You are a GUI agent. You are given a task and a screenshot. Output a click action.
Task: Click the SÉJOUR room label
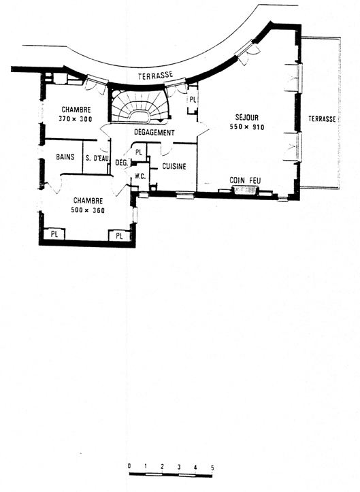click(x=247, y=118)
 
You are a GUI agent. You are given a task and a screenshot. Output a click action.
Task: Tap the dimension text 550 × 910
click(x=247, y=127)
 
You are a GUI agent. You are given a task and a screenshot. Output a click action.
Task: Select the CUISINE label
click(x=174, y=166)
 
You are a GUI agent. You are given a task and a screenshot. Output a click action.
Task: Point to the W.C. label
click(x=140, y=176)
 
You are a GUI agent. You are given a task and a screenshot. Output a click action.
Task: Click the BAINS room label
click(x=65, y=157)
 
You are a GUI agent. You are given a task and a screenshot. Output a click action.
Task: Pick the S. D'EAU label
click(x=97, y=159)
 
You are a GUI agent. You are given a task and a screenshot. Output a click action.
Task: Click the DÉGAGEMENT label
click(x=154, y=133)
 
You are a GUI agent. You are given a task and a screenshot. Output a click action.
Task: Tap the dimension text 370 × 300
click(x=76, y=119)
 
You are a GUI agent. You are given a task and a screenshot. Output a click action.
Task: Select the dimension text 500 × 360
click(x=88, y=210)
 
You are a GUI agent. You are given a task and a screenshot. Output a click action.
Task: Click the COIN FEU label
click(x=245, y=180)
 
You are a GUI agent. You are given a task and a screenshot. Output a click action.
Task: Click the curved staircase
click(x=140, y=105)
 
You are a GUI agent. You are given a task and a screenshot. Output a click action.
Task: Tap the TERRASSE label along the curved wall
click(x=156, y=75)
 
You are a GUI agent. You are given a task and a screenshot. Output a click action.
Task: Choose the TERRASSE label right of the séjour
click(x=322, y=119)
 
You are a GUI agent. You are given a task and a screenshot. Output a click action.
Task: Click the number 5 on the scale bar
click(x=212, y=468)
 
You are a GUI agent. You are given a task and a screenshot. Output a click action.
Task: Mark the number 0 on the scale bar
click(x=129, y=465)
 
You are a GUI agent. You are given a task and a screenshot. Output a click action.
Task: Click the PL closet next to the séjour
click(x=193, y=100)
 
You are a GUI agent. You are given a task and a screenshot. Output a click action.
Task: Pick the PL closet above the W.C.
click(x=139, y=152)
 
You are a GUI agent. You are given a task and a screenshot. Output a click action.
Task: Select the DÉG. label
click(x=122, y=163)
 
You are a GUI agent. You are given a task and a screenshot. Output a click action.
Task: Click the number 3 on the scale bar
click(x=179, y=467)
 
